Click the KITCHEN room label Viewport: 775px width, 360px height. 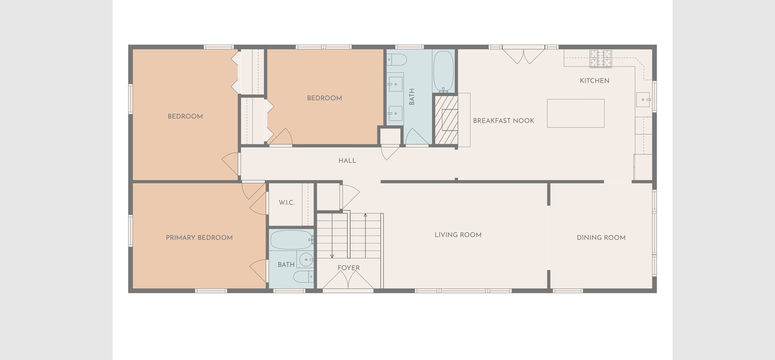(x=594, y=81)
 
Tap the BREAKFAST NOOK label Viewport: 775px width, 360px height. (x=503, y=121)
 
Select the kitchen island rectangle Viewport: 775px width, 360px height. (x=576, y=113)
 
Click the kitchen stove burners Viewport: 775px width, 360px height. (x=601, y=58)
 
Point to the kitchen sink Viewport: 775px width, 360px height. (x=643, y=100)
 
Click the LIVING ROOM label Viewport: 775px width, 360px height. (x=458, y=235)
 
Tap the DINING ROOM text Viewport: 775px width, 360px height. (x=601, y=237)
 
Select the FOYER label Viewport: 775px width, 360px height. (x=348, y=268)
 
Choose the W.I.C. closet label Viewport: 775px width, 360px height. (x=287, y=203)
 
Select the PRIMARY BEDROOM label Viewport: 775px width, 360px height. (x=199, y=237)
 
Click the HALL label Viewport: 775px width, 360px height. (x=347, y=161)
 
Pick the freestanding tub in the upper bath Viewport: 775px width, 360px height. (x=443, y=71)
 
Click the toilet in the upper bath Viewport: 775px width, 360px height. (x=396, y=60)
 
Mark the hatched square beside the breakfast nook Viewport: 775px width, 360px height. (x=445, y=120)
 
